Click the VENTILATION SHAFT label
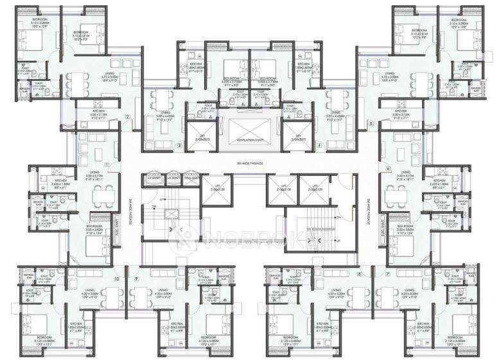point(251,140)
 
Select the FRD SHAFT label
point(191,176)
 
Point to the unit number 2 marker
point(128,117)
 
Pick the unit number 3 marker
point(179,146)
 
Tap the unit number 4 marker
point(319,146)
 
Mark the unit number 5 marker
point(371,122)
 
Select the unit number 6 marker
point(388,168)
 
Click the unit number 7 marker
point(388,274)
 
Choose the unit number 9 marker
point(137,278)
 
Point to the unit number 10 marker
point(116,278)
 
